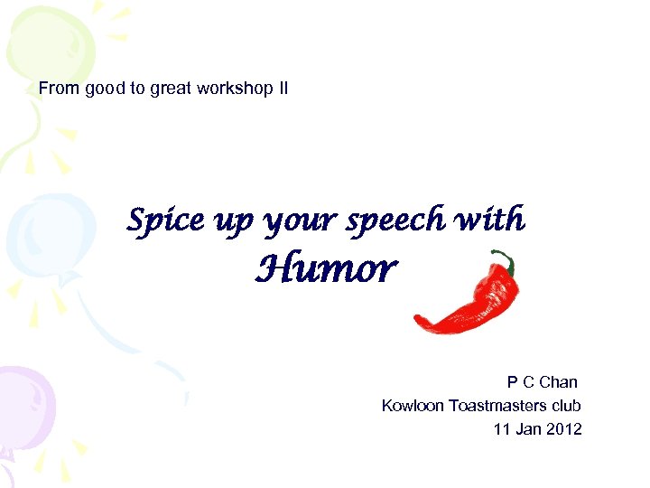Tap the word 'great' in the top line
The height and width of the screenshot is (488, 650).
172,89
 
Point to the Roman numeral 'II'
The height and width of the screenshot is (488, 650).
282,89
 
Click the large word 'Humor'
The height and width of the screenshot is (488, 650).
326,268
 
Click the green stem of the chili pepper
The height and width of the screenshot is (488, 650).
507,261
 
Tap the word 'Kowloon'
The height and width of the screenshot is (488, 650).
413,406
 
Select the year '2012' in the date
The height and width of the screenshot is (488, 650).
563,429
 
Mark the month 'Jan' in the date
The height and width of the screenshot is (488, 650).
527,429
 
